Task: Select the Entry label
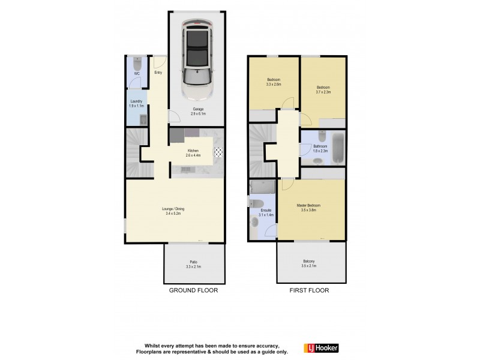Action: [158, 73]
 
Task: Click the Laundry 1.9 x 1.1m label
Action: [136, 103]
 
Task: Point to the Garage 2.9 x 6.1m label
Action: [198, 111]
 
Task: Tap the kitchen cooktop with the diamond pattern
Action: [218, 152]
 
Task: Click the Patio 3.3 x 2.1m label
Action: [194, 264]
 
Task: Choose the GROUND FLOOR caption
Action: [193, 290]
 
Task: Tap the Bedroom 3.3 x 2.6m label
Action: [274, 83]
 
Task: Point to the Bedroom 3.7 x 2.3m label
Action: [323, 89]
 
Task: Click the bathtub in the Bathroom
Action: [338, 148]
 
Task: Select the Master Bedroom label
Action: [308, 208]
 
